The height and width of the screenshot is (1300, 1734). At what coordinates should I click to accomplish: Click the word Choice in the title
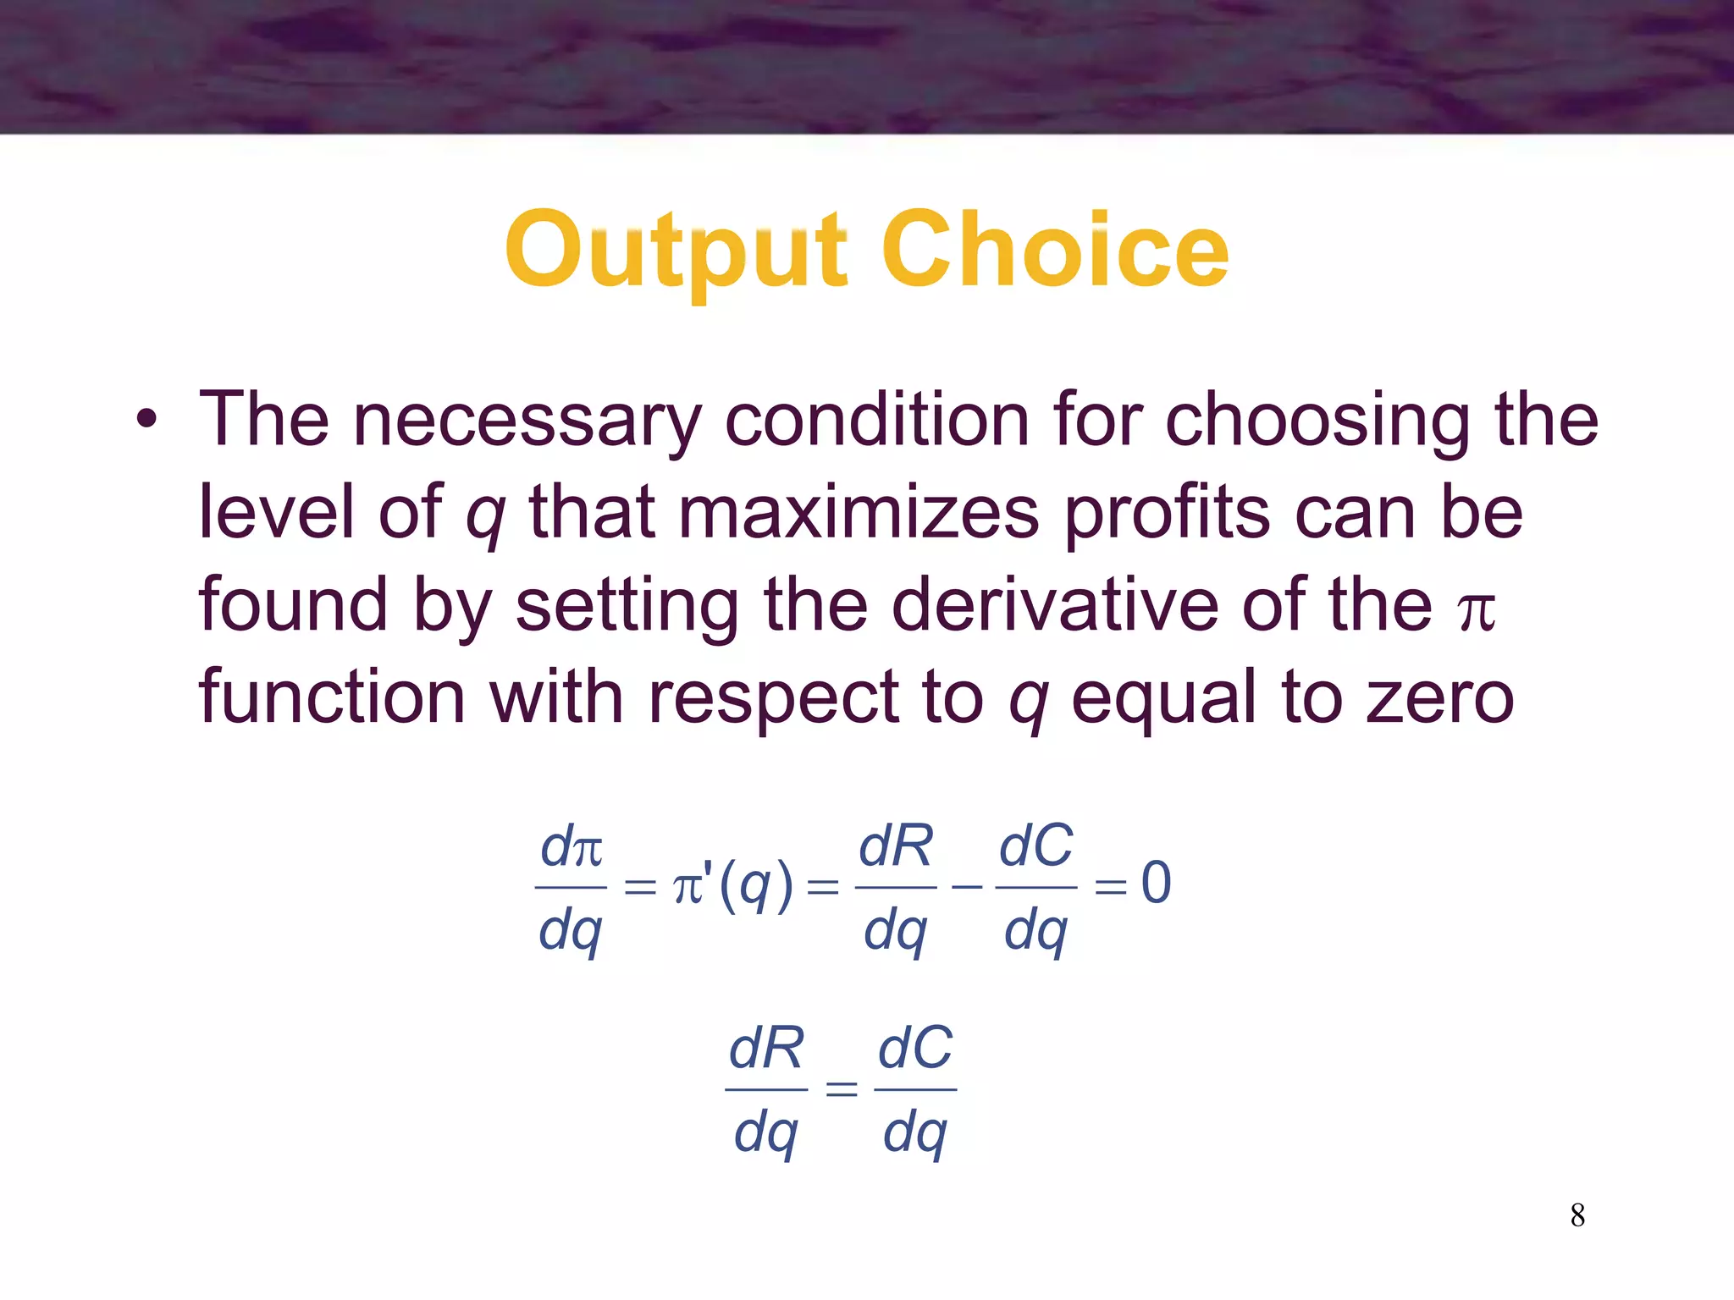coord(1055,251)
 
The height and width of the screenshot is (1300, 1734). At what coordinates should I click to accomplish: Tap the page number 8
coord(1577,1215)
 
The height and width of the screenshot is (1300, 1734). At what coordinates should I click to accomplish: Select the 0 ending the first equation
coord(1156,883)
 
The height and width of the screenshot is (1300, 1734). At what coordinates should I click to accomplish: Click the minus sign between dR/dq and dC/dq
coord(966,886)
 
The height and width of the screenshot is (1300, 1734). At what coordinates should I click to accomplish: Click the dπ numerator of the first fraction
coord(572,846)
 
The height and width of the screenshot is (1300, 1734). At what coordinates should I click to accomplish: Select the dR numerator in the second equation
coord(766,1049)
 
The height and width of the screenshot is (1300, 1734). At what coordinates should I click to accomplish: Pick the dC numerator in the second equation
coord(915,1049)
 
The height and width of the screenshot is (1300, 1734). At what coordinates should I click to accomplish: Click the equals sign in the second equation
coord(841,1088)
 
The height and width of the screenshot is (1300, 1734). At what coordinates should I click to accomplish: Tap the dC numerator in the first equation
coord(1035,846)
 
